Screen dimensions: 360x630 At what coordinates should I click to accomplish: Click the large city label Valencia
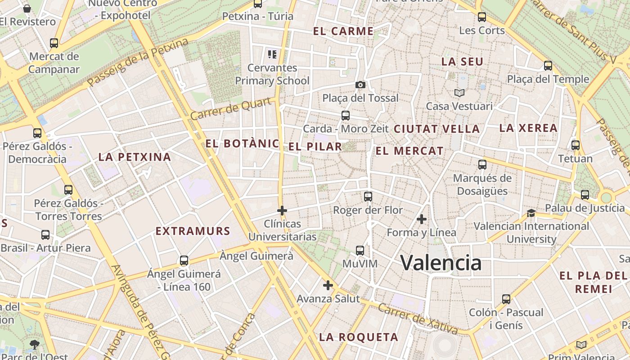(441, 262)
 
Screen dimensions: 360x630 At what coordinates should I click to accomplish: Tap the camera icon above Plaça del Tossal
(360, 85)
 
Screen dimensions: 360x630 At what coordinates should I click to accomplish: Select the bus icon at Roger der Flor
(368, 197)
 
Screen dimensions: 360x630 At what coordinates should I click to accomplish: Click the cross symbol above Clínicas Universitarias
(282, 210)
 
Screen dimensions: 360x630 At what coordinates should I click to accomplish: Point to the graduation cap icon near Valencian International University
(531, 213)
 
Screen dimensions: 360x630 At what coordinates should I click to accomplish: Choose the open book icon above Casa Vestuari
(459, 93)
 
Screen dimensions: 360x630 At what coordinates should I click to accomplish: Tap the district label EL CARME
(343, 31)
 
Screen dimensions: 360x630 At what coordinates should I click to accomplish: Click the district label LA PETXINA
(135, 157)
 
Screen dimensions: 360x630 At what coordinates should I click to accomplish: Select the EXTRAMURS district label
(193, 231)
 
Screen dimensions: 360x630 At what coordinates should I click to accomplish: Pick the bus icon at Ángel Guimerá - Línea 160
(184, 261)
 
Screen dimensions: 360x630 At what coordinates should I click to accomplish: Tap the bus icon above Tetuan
(576, 145)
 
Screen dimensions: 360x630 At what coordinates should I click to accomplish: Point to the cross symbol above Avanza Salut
(328, 285)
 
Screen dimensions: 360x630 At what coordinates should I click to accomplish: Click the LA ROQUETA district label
(359, 337)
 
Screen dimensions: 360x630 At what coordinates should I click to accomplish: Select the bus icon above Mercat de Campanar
(54, 43)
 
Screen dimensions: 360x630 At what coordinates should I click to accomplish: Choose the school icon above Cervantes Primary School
(272, 54)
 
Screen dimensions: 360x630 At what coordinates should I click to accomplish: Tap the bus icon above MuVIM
(360, 250)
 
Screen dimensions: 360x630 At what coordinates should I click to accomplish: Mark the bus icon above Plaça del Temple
(548, 66)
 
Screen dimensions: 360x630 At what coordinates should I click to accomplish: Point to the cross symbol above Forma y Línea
(422, 219)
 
